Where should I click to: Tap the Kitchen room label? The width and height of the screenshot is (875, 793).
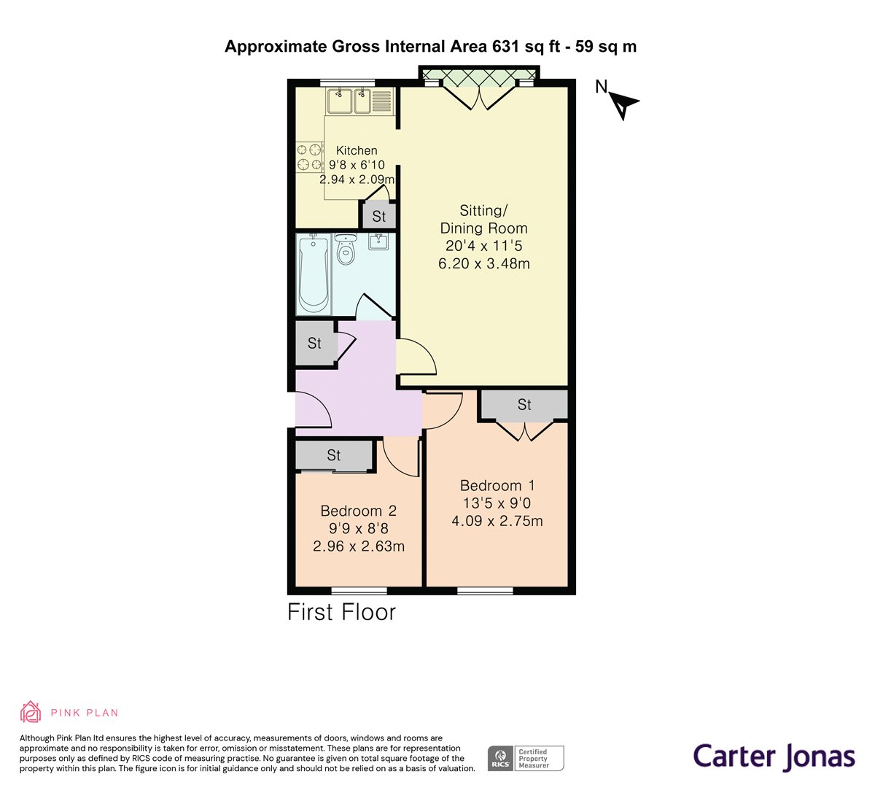[357, 150]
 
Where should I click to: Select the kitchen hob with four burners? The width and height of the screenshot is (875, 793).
[309, 157]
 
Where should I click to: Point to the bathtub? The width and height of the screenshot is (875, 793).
[314, 274]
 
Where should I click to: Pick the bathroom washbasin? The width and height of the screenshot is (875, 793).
[378, 241]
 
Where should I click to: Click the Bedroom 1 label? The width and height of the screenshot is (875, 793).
[497, 485]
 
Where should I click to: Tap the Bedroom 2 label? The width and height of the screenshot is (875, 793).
[359, 511]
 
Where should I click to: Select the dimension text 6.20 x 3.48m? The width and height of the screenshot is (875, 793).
[483, 263]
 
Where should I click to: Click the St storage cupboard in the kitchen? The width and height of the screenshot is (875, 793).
[378, 216]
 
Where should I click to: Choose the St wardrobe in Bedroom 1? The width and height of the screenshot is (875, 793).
[524, 405]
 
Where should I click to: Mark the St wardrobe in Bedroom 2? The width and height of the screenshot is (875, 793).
[334, 455]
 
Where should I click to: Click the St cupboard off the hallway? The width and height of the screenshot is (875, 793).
[315, 343]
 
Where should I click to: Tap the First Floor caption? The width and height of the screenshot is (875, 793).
[341, 612]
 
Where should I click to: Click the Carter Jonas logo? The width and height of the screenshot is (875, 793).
[774, 757]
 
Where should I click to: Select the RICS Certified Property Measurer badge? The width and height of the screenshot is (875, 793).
[526, 758]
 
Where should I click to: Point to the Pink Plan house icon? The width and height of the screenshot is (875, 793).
[31, 712]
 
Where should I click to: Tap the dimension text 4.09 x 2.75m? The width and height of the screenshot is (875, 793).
[497, 521]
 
